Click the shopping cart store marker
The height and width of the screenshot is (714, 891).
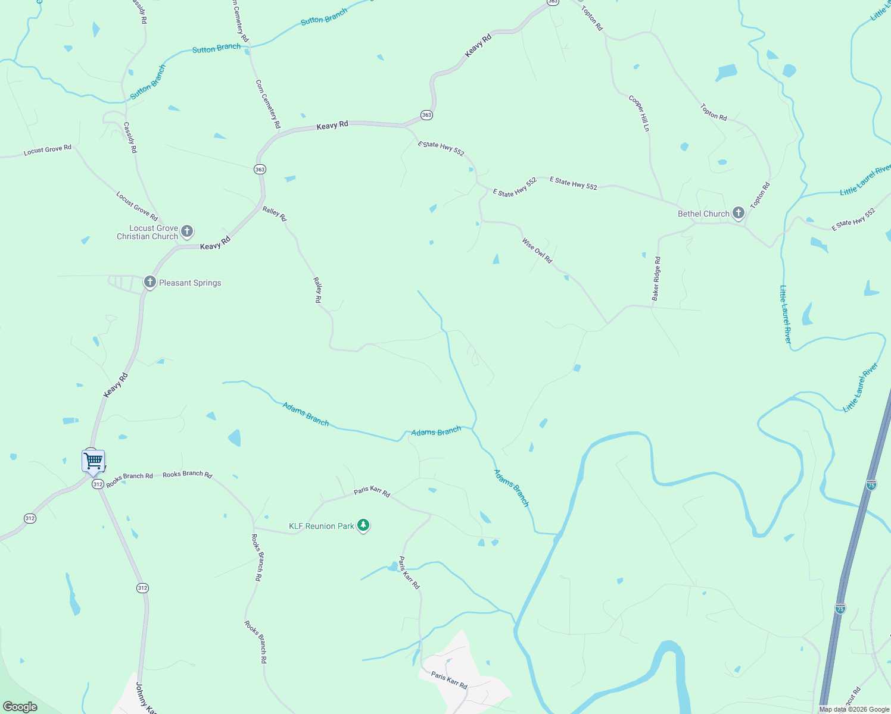click(x=94, y=461)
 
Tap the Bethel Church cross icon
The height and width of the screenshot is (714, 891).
click(x=739, y=213)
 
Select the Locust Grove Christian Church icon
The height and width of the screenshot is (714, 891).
click(x=187, y=231)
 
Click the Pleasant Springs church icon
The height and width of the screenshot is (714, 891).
click(x=150, y=282)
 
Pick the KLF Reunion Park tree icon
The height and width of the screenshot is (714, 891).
click(x=363, y=525)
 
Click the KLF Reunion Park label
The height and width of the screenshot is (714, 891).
click(x=322, y=526)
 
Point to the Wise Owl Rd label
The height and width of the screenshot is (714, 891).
click(x=537, y=250)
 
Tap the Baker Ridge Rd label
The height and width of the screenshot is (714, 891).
click(x=656, y=278)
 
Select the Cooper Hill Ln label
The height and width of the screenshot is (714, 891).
click(x=639, y=113)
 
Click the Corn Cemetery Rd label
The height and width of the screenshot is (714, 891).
click(x=268, y=104)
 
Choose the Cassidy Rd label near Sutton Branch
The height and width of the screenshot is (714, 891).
click(x=130, y=137)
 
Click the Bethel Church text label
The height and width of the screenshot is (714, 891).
click(x=703, y=214)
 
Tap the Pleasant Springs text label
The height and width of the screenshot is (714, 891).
click(x=190, y=283)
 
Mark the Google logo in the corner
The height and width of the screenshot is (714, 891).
click(x=20, y=706)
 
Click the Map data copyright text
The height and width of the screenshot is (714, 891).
click(x=854, y=709)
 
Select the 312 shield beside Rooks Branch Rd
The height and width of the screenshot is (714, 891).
click(x=98, y=484)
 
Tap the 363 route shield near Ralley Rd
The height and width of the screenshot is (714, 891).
click(x=260, y=170)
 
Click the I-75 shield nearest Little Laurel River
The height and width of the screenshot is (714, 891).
click(x=871, y=485)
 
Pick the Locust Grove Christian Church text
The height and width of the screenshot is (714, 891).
click(x=148, y=232)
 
